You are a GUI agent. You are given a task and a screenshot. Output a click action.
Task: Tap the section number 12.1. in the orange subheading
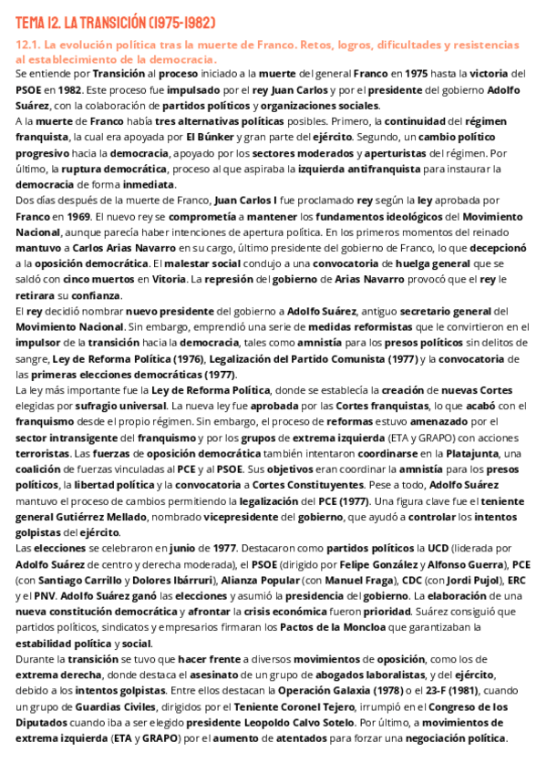tap(31, 44)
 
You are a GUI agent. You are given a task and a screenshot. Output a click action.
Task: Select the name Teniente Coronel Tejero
tap(302, 706)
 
